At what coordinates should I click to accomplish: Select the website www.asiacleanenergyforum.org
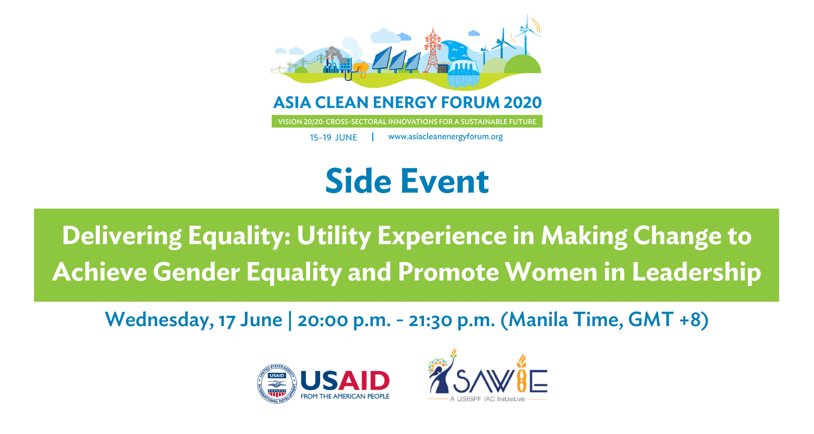pos(445,137)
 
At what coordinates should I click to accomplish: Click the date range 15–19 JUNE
pos(333,138)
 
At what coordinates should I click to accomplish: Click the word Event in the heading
pos(445,181)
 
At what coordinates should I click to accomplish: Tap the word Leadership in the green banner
pos(697,273)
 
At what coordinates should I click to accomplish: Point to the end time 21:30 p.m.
pos(451,321)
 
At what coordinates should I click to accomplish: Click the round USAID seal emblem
pos(277,384)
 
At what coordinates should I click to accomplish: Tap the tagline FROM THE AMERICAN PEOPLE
pos(345,396)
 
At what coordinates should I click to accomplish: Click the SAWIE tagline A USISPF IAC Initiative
pos(487,399)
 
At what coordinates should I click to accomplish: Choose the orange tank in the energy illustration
pos(361,68)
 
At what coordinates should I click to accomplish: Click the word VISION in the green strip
pos(290,122)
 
